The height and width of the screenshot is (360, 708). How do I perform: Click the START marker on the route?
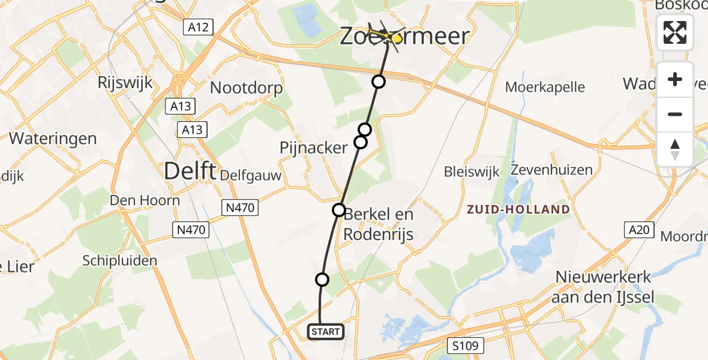coord(326,331)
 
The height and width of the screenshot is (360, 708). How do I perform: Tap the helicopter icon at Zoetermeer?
coord(387,36)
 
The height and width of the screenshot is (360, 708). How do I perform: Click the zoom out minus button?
coord(675,114)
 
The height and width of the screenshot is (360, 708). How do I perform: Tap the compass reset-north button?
coord(675,149)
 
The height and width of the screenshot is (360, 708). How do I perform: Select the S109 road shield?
coord(463,346)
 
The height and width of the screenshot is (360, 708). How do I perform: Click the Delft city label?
coord(190,172)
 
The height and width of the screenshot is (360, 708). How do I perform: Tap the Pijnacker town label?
coord(313,148)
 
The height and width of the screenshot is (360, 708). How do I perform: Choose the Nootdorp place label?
coord(246,88)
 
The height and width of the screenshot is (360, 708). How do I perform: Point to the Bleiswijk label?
coord(472,173)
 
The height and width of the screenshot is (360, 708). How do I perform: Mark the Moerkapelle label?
coord(545,87)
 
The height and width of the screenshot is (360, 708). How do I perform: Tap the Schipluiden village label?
coord(119,260)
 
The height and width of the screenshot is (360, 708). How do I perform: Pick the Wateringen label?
coord(53,139)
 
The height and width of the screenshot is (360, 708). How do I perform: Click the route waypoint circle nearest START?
coord(322,279)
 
